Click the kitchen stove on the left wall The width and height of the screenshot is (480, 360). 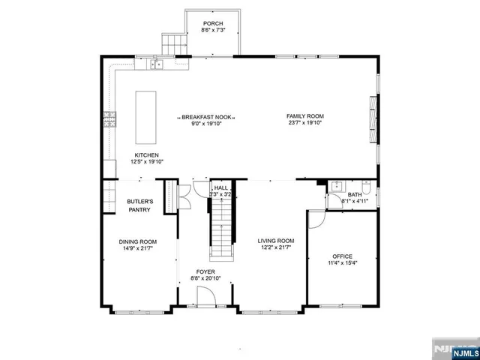click(109, 118)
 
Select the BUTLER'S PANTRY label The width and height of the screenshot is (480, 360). click(139, 206)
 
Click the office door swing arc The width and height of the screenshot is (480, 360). click(316, 218)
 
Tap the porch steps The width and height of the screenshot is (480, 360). click(173, 43)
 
